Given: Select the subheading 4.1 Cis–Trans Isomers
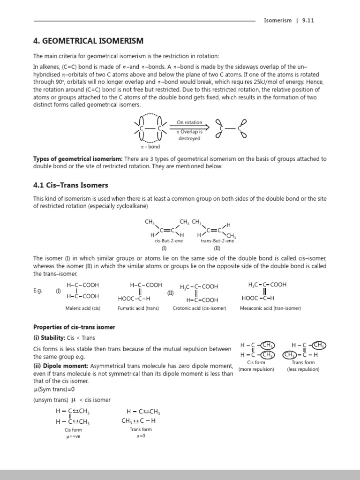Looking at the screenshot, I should pyautogui.click(x=70, y=185).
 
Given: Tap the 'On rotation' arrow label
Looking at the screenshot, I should pyautogui.click(x=189, y=122).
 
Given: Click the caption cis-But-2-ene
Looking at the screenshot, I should pyautogui.click(x=168, y=240).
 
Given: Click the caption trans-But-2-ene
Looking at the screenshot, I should pyautogui.click(x=217, y=240).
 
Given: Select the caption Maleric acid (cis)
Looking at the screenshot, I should pyautogui.click(x=83, y=308).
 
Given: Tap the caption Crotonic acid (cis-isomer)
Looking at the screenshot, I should pyautogui.click(x=199, y=308).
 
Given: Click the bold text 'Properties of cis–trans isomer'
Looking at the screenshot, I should pyautogui.click(x=74, y=327).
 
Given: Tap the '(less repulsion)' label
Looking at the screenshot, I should pyautogui.click(x=303, y=369).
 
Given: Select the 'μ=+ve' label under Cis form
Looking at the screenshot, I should pyautogui.click(x=73, y=436).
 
